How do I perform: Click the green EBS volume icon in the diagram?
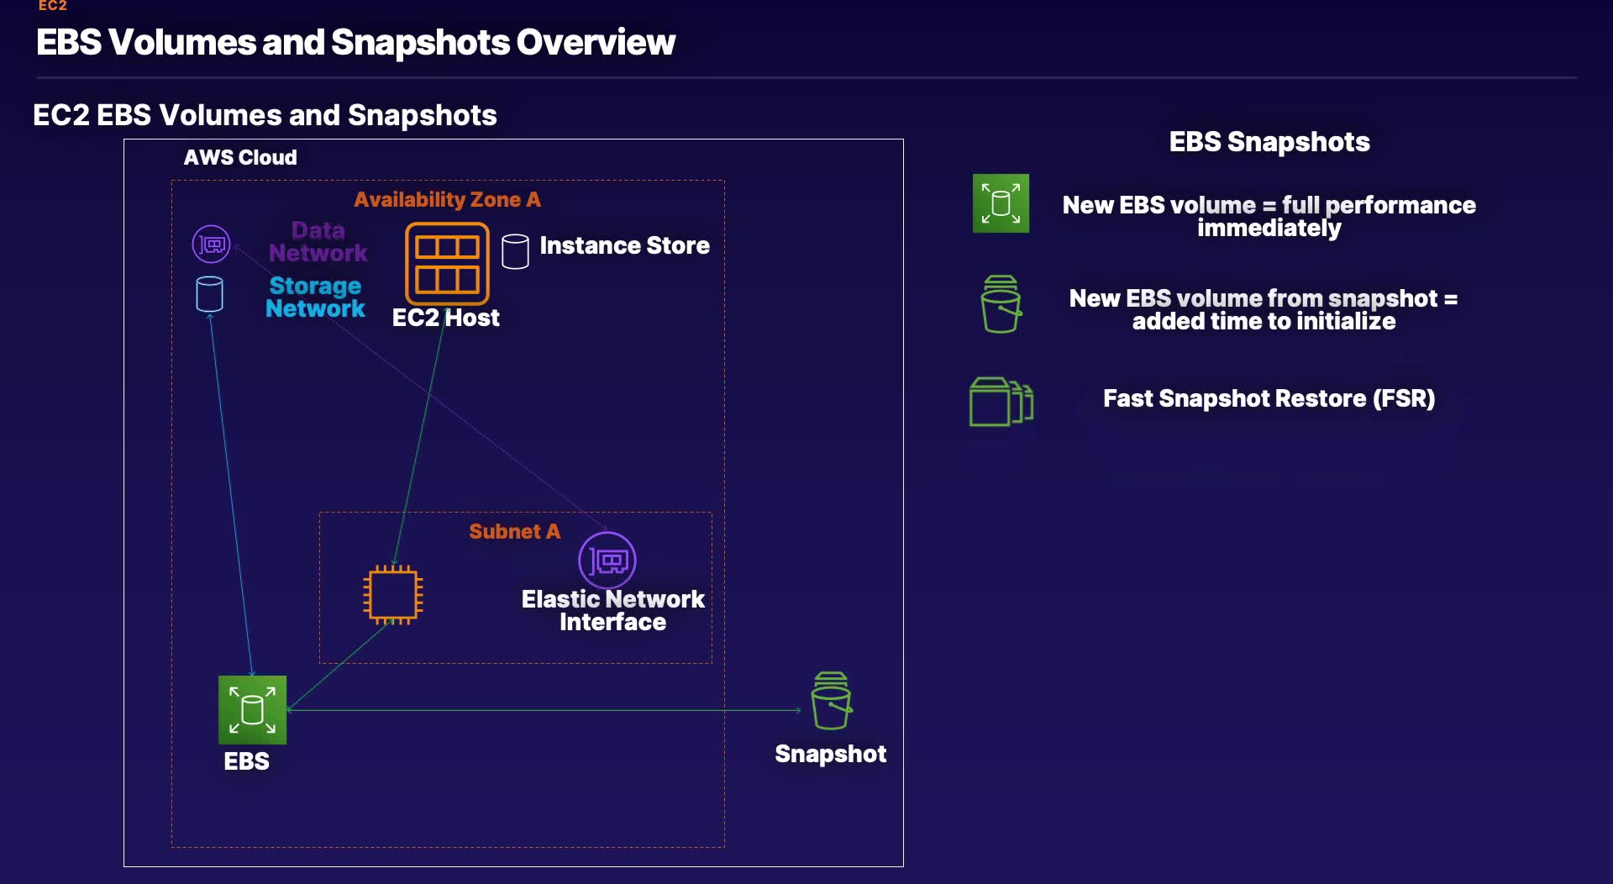click(252, 710)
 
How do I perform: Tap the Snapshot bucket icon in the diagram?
click(832, 701)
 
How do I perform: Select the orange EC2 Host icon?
click(447, 263)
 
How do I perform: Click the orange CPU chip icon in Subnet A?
click(393, 595)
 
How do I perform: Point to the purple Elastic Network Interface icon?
click(607, 560)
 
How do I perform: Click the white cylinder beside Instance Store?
click(515, 251)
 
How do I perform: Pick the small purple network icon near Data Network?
click(211, 245)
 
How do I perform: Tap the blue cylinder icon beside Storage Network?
click(209, 294)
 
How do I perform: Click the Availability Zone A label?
click(447, 199)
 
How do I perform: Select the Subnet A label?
click(514, 531)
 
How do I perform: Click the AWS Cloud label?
click(240, 157)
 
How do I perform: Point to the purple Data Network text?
click(318, 242)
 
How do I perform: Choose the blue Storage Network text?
click(315, 297)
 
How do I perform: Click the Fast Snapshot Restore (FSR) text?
click(1269, 398)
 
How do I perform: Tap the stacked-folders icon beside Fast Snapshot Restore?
click(1001, 402)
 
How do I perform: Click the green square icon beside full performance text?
click(1001, 203)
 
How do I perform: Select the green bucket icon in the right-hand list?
click(1001, 304)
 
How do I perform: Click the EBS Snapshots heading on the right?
click(1269, 142)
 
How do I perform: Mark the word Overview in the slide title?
click(596, 42)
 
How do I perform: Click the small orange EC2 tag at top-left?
click(52, 5)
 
